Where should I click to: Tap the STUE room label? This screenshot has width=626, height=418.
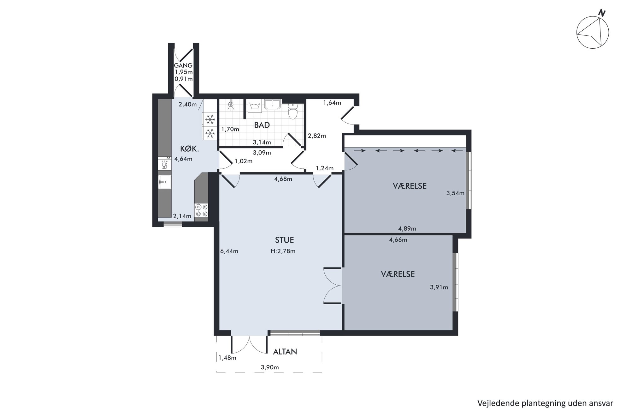click(x=284, y=240)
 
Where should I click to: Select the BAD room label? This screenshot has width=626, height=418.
click(x=262, y=125)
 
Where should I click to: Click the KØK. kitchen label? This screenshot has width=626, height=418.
click(x=189, y=149)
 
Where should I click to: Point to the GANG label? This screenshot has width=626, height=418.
click(x=183, y=65)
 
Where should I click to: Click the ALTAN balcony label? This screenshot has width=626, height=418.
click(x=285, y=352)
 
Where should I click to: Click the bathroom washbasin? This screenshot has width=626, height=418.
click(x=273, y=105)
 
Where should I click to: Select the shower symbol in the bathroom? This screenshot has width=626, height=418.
click(x=231, y=105)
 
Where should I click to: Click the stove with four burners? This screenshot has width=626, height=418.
click(x=201, y=211)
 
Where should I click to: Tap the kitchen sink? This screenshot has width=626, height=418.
click(x=164, y=182)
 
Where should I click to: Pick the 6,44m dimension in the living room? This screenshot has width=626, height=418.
click(x=229, y=251)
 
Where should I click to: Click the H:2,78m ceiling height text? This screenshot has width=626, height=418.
click(x=283, y=251)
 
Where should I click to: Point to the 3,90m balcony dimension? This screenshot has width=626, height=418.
click(x=270, y=367)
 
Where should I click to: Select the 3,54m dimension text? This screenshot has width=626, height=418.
click(x=455, y=193)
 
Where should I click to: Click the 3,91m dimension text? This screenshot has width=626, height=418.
click(x=439, y=287)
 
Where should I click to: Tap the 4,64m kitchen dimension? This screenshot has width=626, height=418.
click(x=183, y=159)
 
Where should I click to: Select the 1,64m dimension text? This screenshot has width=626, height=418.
click(x=332, y=103)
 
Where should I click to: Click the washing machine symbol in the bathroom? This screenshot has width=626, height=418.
click(x=254, y=106)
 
